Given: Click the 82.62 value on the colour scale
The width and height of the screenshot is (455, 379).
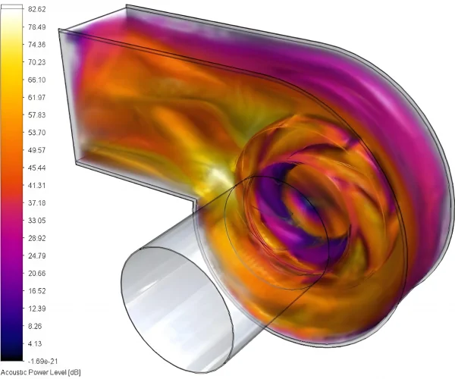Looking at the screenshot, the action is [37, 9].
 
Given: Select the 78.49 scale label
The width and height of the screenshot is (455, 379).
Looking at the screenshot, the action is [37, 27].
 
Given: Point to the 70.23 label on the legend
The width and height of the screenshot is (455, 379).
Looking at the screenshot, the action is [37, 62].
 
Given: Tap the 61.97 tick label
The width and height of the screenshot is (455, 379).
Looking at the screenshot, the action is [37, 97].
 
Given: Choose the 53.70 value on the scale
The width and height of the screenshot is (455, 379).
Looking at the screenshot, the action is [37, 133].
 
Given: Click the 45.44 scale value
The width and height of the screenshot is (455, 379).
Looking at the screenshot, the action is [37, 168].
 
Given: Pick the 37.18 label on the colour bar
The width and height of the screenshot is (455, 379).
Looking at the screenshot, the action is [37, 202].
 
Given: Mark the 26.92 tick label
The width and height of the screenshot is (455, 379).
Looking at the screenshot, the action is [37, 238].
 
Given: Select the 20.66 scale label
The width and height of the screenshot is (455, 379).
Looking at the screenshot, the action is [37, 273].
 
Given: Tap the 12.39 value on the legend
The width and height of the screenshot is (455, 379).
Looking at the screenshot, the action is [37, 309].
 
